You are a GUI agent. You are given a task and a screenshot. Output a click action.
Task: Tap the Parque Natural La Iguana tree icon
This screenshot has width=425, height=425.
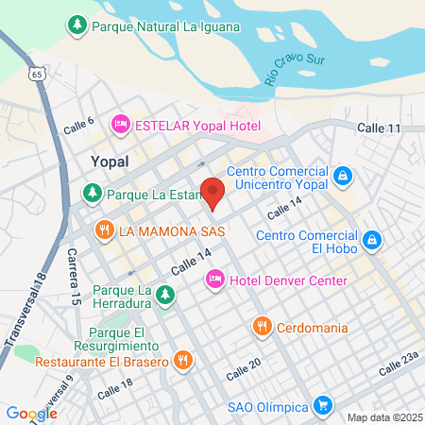(78, 26)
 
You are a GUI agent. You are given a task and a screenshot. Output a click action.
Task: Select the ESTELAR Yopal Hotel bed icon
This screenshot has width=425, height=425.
(120, 123)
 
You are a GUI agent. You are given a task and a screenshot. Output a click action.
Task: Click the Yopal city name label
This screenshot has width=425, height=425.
(109, 161)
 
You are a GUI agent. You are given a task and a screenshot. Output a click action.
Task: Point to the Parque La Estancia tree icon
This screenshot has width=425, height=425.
(93, 195)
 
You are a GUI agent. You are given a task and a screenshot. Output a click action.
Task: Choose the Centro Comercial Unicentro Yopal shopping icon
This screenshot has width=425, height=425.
(343, 175)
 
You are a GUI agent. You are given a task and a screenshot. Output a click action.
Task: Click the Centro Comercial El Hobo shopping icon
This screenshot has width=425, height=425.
(373, 240)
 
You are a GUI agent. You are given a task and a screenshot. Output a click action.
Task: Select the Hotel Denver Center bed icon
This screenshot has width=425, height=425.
(214, 280)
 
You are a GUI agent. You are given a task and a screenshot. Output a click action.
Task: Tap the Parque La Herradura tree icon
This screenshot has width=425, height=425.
(165, 295)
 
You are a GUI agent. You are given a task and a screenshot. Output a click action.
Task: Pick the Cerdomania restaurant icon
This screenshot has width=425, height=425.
(263, 327)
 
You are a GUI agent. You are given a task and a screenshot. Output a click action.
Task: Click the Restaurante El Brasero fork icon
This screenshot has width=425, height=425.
(183, 361)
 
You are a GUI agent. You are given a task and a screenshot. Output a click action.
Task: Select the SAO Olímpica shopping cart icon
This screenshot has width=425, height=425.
(323, 406)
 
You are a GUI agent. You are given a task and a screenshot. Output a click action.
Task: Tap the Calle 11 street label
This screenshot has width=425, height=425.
(381, 127)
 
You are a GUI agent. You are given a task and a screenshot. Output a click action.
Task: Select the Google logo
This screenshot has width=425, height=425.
(31, 413)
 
